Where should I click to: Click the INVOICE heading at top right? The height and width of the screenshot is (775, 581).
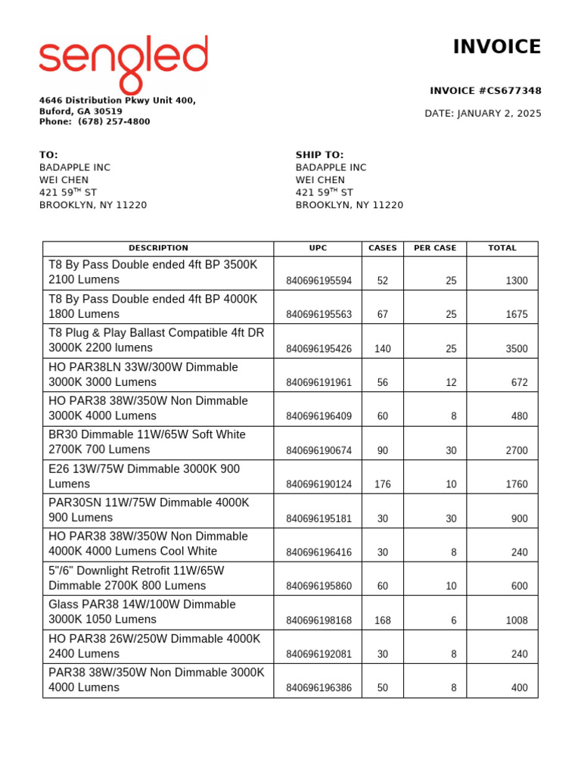496,47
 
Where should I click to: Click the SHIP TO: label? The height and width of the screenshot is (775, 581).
319,155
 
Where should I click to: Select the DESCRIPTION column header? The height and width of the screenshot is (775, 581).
158,248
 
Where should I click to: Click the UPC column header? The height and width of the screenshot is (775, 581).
318,248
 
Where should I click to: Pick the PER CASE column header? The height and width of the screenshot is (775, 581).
435,248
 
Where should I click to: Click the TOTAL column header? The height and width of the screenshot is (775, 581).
502,248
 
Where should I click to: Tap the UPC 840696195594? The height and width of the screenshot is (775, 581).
318,281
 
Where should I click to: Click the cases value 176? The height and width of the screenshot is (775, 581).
382,484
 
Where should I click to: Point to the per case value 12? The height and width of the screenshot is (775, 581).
451,383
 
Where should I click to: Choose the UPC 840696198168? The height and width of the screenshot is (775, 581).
318,621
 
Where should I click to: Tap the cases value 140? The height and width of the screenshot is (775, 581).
382,349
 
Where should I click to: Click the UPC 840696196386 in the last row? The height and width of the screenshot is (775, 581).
318,688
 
